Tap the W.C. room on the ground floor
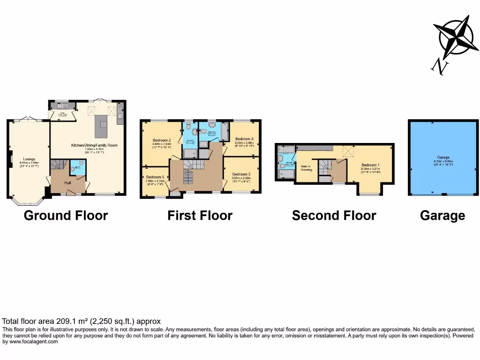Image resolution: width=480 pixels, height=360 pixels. coord(78,168)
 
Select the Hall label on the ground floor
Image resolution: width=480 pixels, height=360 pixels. coord(67,183)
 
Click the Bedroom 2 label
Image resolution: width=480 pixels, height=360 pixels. coord(162,140)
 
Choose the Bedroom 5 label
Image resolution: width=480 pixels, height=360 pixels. coord(155,177)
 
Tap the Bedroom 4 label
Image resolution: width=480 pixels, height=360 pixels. coord(244,139)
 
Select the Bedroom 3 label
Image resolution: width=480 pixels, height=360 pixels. coord(241,174)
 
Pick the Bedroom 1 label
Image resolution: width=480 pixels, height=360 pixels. coord(370,165)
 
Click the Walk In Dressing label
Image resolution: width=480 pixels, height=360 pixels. coord(307,167)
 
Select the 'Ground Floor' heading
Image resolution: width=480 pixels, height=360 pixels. coord(66,216)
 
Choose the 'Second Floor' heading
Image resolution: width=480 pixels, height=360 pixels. coord(334,216)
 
